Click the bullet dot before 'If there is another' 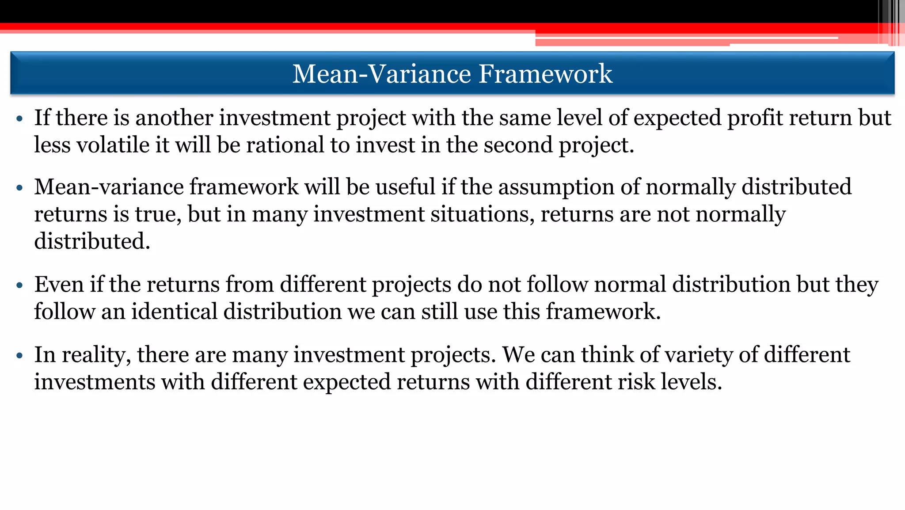(19, 119)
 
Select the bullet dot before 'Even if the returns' (19, 285)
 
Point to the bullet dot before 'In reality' (19, 356)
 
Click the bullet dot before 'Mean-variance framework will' (19, 188)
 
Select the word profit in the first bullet (755, 118)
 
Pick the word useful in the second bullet (405, 187)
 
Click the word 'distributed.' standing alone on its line (92, 241)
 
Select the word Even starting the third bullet (59, 284)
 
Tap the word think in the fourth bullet (607, 355)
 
